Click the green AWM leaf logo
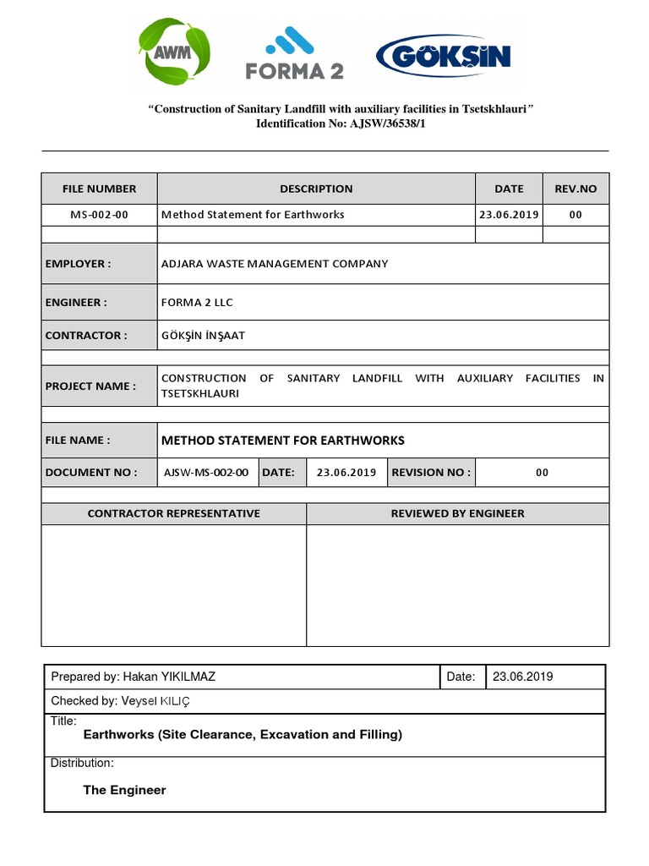(x=176, y=52)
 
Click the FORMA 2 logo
(x=295, y=54)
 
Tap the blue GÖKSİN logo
(x=444, y=56)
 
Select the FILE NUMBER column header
(x=99, y=189)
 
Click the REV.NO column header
(x=575, y=189)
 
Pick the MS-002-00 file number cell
(x=99, y=215)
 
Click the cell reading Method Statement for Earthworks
(x=253, y=215)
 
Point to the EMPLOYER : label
(x=78, y=264)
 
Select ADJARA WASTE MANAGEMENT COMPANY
(x=275, y=264)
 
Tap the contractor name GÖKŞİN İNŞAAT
(x=203, y=336)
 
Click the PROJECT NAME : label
(x=90, y=386)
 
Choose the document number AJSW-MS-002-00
(x=206, y=473)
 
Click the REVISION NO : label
(x=431, y=473)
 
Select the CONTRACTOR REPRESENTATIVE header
(x=174, y=513)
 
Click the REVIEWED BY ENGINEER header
(x=457, y=513)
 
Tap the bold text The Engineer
(x=124, y=790)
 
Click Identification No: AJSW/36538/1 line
(x=341, y=123)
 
